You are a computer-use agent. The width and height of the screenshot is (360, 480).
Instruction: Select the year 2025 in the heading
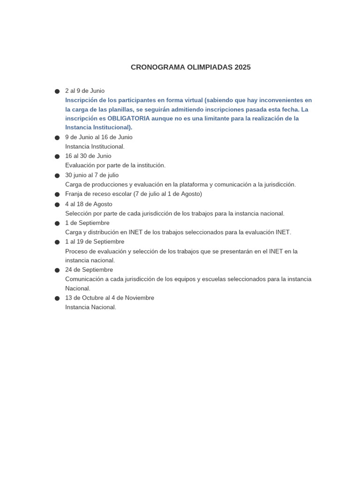point(242,67)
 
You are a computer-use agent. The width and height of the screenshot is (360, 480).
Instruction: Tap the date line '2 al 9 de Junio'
point(85,91)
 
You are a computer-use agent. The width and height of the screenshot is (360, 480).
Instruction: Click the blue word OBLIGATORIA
point(128,119)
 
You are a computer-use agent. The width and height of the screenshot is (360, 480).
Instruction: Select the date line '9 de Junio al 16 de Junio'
point(99,137)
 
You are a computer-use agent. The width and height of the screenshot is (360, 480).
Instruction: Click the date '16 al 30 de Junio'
point(88,156)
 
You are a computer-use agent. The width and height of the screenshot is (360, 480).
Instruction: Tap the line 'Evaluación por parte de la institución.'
point(115,165)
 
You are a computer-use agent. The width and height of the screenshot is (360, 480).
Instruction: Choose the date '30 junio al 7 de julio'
point(92,175)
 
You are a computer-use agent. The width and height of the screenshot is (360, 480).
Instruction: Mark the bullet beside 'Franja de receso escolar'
point(57,195)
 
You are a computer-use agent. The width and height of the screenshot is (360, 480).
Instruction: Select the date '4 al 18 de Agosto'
point(89,204)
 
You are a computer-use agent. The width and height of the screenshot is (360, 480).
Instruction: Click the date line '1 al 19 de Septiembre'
point(95,242)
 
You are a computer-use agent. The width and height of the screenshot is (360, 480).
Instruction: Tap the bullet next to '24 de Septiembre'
point(57,270)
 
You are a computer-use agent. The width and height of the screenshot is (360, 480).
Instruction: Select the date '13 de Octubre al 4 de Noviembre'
point(110,298)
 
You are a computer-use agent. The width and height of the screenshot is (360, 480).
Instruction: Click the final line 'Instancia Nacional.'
point(90,307)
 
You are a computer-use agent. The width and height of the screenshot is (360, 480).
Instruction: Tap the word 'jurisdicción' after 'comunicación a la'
point(277,185)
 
